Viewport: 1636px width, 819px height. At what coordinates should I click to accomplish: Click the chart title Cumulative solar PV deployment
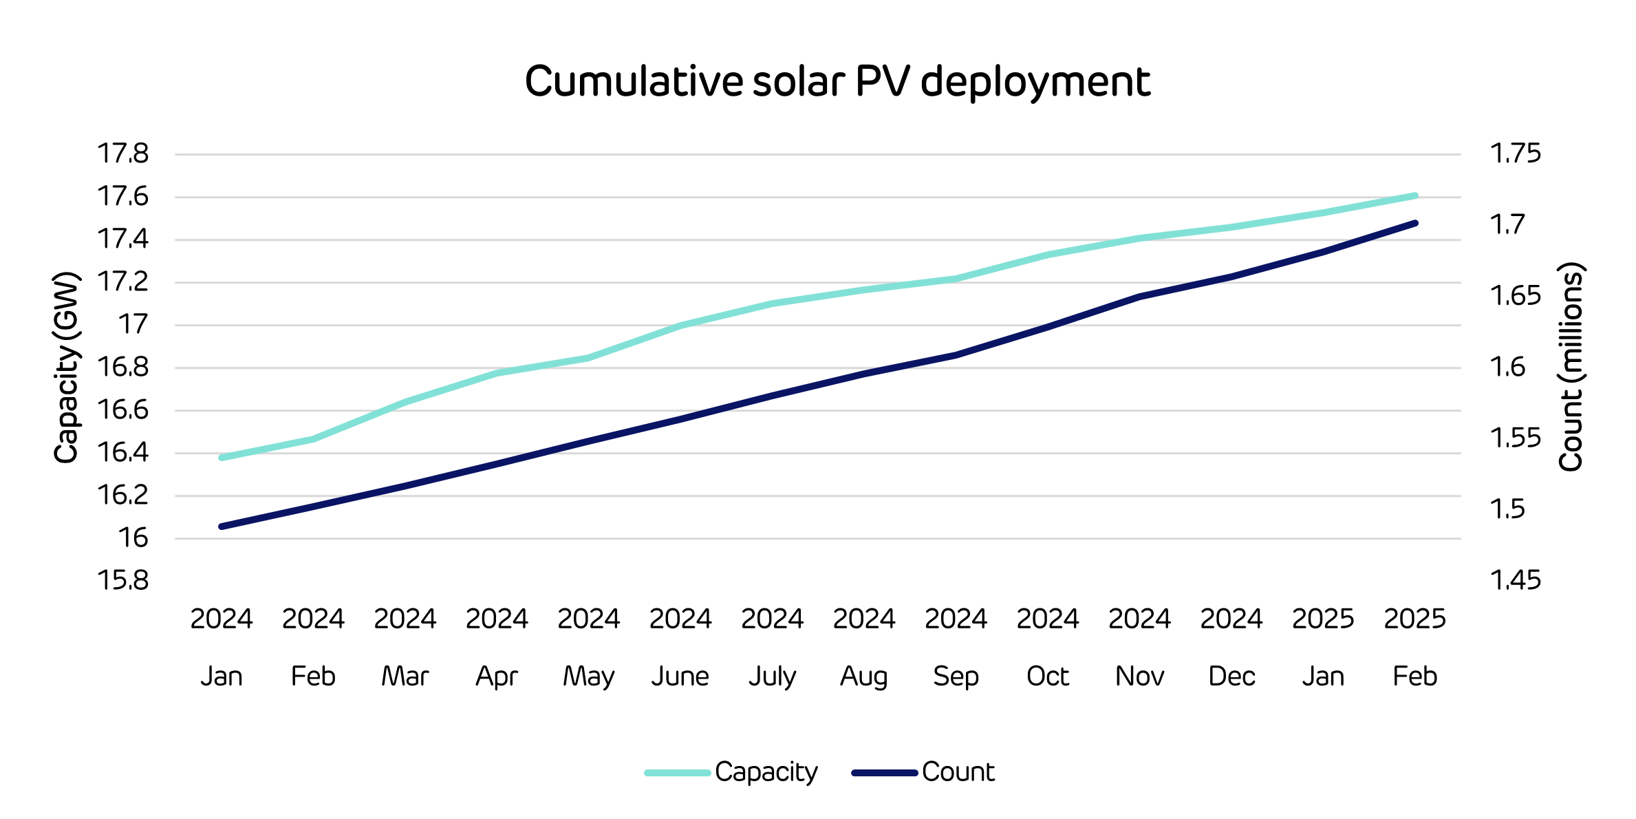pos(837,82)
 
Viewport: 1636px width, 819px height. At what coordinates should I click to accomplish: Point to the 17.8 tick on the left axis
pos(123,153)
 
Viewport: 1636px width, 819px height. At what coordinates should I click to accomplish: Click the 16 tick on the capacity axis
pos(133,538)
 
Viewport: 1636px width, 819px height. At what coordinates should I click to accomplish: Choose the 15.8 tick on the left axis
pos(123,581)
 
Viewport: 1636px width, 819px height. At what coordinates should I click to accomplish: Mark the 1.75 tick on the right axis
pos(1516,153)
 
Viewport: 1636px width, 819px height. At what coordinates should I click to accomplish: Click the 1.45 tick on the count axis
pos(1516,581)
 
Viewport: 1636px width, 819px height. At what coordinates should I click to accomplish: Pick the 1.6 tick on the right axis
pos(1507,368)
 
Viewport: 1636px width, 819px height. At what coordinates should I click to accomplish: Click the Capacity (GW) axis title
pos(67,368)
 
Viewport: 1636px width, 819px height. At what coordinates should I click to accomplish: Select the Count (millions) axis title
pos(1571,368)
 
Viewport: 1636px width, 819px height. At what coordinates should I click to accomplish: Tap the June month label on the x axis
pos(680,677)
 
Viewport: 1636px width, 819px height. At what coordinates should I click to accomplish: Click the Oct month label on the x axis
pos(1048,677)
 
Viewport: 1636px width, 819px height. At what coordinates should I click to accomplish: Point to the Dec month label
pos(1231,677)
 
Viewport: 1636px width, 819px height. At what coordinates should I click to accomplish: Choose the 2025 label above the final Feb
pos(1415,619)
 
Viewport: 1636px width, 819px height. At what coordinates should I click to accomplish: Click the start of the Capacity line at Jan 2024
pos(222,458)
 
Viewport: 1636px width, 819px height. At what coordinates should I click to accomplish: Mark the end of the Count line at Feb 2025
pos(1415,223)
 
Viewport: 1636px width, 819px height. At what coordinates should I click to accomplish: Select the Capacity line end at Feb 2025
pos(1415,195)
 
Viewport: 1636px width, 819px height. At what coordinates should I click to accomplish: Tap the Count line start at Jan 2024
pos(222,526)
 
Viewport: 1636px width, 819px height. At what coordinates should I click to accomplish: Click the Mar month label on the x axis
pos(405,677)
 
